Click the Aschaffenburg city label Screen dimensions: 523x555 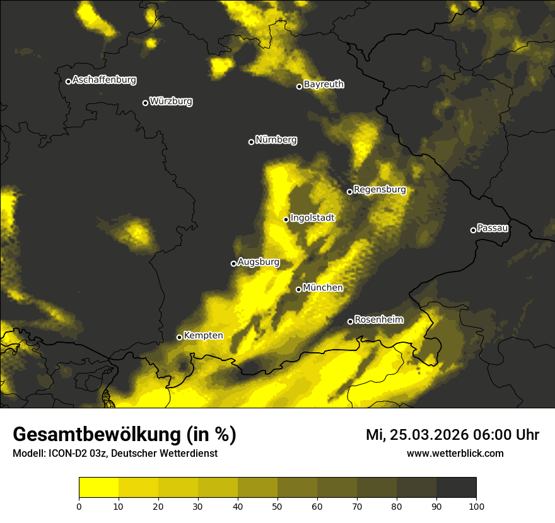tap(104, 80)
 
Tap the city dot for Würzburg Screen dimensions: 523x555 tap(145, 103)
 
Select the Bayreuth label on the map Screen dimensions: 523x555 tap(324, 84)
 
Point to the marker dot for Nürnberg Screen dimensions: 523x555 tap(251, 142)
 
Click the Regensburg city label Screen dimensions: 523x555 tap(380, 190)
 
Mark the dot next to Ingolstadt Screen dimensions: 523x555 tap(286, 219)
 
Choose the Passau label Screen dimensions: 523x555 tap(493, 228)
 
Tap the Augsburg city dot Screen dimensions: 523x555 tap(233, 263)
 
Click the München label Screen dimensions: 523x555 tap(323, 288)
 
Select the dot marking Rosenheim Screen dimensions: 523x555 tap(350, 321)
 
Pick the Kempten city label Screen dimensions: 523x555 tap(203, 336)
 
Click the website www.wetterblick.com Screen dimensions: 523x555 tap(455, 454)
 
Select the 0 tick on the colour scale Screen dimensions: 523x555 tap(79, 505)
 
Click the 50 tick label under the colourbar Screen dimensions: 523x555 tap(277, 505)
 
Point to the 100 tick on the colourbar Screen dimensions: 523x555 tap(476, 505)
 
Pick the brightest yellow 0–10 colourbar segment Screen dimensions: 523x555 tap(98, 488)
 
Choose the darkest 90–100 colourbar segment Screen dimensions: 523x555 tap(456, 488)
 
